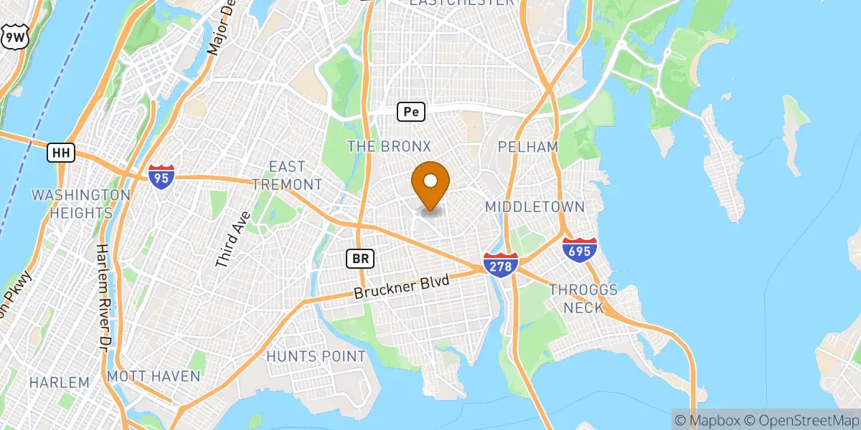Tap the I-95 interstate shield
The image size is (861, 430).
pyautogui.click(x=162, y=176)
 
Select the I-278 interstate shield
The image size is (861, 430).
pyautogui.click(x=500, y=264)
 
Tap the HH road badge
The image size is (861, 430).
pyautogui.click(x=60, y=152)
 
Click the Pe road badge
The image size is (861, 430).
pyautogui.click(x=410, y=112)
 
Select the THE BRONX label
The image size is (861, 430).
pyautogui.click(x=389, y=146)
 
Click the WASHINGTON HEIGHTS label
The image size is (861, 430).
pyautogui.click(x=81, y=204)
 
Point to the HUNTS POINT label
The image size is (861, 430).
pyautogui.click(x=316, y=356)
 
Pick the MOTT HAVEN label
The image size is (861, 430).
pyautogui.click(x=153, y=376)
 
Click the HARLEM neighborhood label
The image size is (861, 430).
pyautogui.click(x=59, y=382)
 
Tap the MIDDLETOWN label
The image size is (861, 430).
pyautogui.click(x=534, y=206)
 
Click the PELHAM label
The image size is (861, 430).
pyautogui.click(x=529, y=147)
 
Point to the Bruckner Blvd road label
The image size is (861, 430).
pyautogui.click(x=402, y=287)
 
